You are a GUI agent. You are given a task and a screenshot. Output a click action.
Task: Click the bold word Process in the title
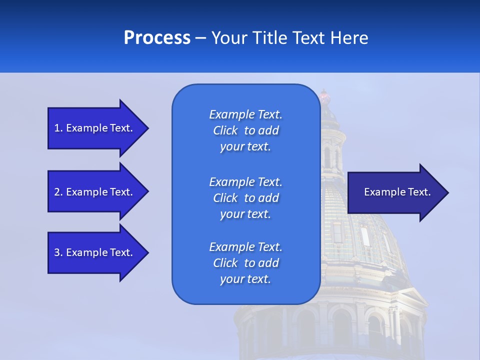coord(157,38)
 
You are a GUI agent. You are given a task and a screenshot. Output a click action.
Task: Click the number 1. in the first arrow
coord(58,128)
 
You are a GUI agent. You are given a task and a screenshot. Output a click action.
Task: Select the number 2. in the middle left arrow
coord(58,192)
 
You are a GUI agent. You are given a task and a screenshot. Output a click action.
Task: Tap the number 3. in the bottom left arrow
coord(58,252)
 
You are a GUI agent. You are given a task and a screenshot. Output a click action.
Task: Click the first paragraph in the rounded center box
coord(245,130)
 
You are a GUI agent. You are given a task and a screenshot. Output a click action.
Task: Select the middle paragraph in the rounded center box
coord(245,198)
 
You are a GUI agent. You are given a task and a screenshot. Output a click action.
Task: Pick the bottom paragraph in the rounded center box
coord(245,263)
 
